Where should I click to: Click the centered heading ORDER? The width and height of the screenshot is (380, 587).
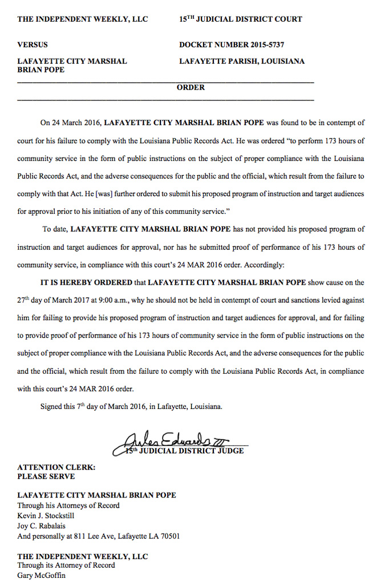pyautogui.click(x=190, y=88)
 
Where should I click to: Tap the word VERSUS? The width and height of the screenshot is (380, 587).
pyautogui.click(x=33, y=44)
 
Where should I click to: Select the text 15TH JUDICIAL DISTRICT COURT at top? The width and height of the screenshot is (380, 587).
pyautogui.click(x=240, y=19)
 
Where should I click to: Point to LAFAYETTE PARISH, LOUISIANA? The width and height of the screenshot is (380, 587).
pyautogui.click(x=241, y=61)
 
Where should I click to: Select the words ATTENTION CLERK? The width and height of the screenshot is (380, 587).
pyautogui.click(x=48, y=467)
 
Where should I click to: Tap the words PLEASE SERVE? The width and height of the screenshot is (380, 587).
pyautogui.click(x=46, y=476)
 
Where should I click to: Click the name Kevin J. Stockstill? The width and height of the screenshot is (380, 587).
pyautogui.click(x=46, y=516)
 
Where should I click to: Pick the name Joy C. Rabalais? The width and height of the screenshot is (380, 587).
pyautogui.click(x=41, y=526)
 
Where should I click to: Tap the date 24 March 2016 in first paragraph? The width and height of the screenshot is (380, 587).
pyautogui.click(x=76, y=123)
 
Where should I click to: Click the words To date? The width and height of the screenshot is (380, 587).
pyautogui.click(x=54, y=229)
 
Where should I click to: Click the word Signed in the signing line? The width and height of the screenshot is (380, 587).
pyautogui.click(x=51, y=407)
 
